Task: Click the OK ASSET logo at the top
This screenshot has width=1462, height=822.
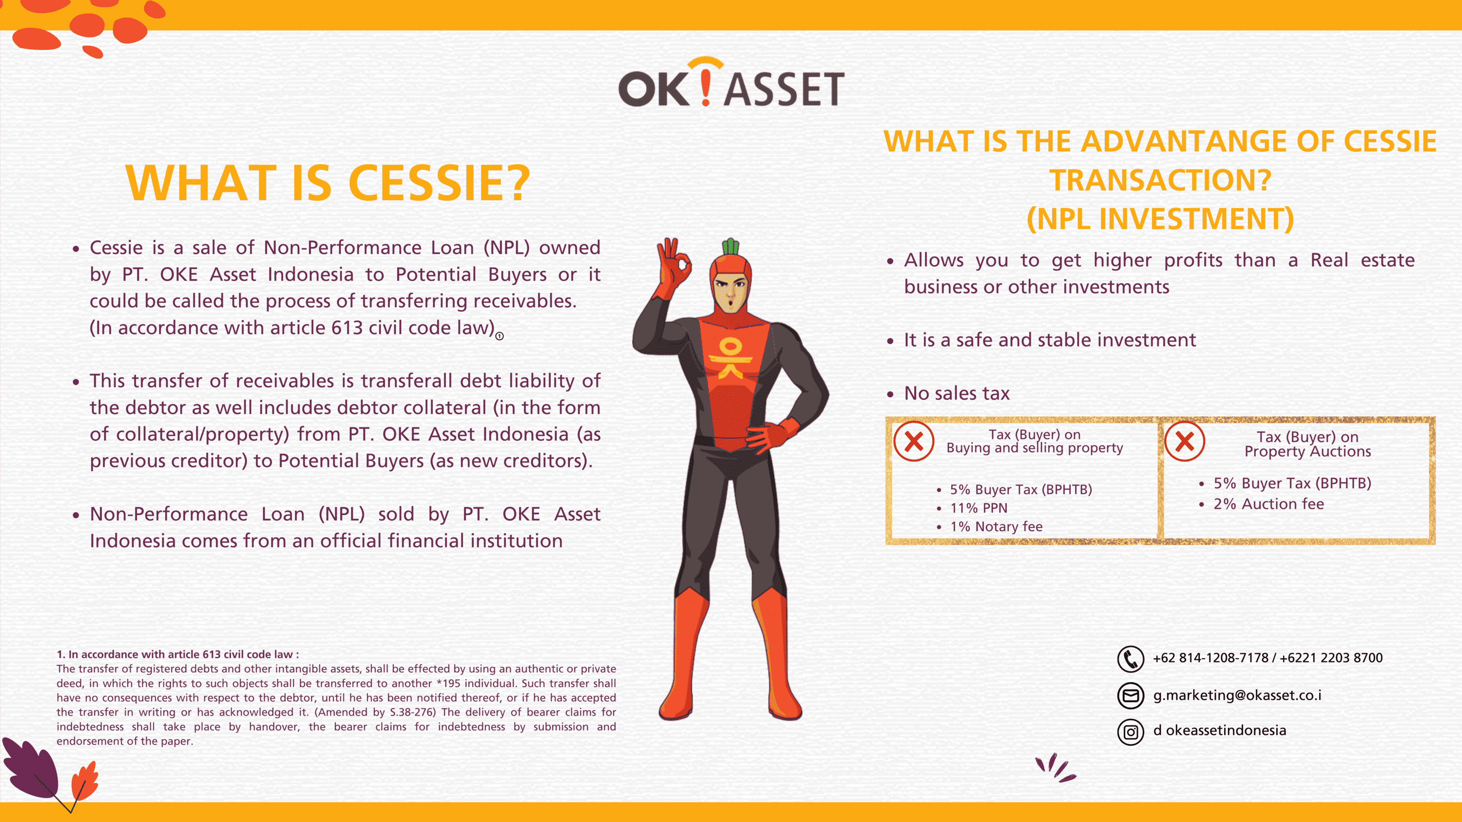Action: tap(731, 82)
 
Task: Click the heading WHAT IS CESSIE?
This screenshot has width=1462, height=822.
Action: tap(327, 183)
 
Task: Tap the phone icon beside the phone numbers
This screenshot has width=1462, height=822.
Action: tap(1130, 658)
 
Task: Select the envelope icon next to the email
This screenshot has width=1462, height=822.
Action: tap(1130, 695)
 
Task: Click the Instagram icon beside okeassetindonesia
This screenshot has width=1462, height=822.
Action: tap(1130, 732)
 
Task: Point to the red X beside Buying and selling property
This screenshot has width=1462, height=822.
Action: tap(914, 441)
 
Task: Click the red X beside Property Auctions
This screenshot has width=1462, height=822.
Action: tap(1185, 441)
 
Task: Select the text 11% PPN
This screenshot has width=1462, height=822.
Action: tap(979, 508)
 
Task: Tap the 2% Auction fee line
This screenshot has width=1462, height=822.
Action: tap(1269, 504)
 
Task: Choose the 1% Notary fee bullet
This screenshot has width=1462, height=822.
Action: tap(996, 526)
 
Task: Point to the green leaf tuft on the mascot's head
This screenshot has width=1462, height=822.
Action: tap(731, 247)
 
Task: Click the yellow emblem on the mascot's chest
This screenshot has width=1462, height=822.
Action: tap(730, 358)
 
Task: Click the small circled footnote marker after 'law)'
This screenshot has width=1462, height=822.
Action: tap(500, 336)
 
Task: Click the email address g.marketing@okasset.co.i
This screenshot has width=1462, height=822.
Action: tap(1237, 695)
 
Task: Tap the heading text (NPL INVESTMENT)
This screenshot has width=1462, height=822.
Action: tap(1160, 219)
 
